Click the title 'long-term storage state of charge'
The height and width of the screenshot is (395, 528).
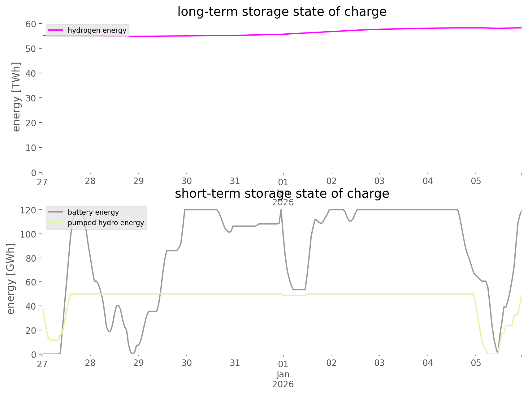pyautogui.click(x=282, y=12)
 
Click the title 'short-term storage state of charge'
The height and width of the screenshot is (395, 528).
pyautogui.click(x=282, y=194)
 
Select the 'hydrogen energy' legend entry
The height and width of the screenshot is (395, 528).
pyautogui.click(x=97, y=30)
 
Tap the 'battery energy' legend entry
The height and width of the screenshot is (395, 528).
pyautogui.click(x=93, y=212)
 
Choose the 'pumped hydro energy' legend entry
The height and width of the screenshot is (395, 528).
pyautogui.click(x=106, y=223)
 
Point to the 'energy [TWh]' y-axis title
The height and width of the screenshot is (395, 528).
pyautogui.click(x=16, y=97)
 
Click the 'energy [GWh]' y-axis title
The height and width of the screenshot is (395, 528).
pyautogui.click(x=11, y=279)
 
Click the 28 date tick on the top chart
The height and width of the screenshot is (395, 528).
pyautogui.click(x=90, y=181)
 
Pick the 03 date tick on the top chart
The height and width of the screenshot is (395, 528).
pyautogui.click(x=379, y=181)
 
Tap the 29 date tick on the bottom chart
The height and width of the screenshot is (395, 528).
pyautogui.click(x=139, y=363)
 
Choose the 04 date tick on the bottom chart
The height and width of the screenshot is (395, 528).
pyautogui.click(x=428, y=363)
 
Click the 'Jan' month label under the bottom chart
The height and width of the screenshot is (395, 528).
pyautogui.click(x=283, y=374)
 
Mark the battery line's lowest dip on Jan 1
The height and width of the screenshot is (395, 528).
pyautogui.click(x=299, y=290)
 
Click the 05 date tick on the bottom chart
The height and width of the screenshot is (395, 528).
pyautogui.click(x=476, y=363)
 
